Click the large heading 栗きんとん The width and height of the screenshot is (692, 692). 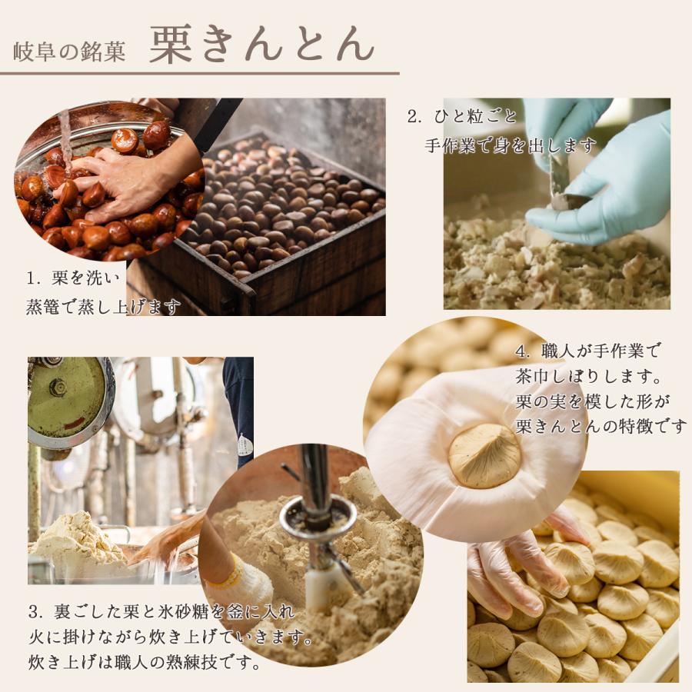[x=261, y=45]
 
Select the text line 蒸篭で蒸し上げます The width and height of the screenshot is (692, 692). [x=103, y=307]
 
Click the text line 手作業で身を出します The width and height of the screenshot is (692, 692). [x=511, y=145]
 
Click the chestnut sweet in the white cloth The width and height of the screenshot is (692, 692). [x=484, y=455]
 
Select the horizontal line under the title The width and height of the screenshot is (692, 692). [x=200, y=74]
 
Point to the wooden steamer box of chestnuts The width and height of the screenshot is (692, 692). [x=284, y=231]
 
